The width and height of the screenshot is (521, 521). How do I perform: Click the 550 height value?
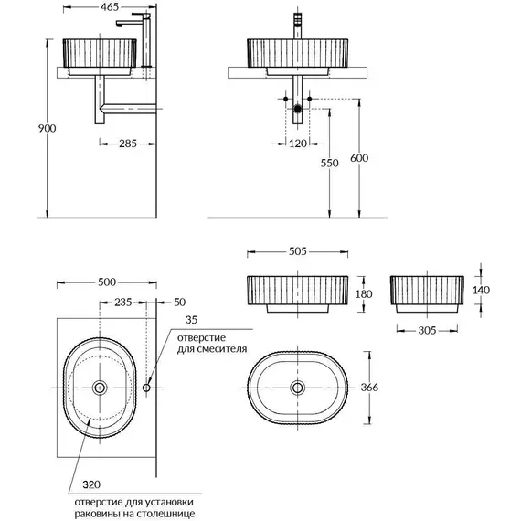click(x=330, y=164)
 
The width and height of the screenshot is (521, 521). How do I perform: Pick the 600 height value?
click(x=358, y=158)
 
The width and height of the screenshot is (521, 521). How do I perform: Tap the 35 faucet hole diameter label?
click(x=190, y=321)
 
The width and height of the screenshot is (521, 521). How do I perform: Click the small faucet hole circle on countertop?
click(x=146, y=388)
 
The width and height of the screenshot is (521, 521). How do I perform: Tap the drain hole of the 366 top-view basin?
click(x=297, y=387)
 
